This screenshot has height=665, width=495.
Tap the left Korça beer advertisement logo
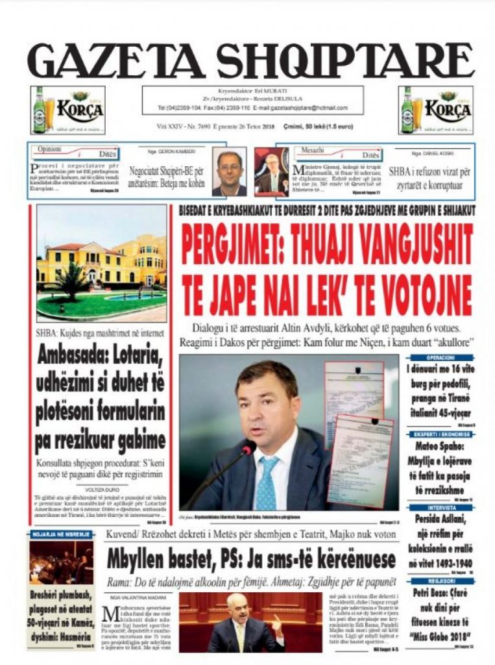(x=67, y=110)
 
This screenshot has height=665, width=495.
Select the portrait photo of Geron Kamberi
(x=229, y=171)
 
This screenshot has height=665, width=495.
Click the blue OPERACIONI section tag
(x=441, y=358)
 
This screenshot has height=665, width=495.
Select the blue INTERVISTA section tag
(x=441, y=508)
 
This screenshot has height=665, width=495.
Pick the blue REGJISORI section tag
(x=441, y=581)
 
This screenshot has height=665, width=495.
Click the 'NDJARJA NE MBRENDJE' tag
(x=60, y=534)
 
